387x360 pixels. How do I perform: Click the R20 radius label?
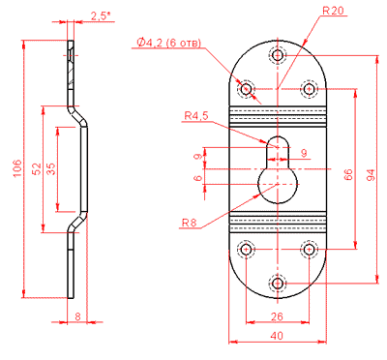click(x=333, y=11)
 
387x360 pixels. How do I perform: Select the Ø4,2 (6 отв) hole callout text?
click(x=168, y=43)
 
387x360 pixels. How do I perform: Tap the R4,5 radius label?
click(x=196, y=115)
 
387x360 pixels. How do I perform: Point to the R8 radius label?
click(x=190, y=223)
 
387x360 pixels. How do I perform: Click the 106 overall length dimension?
click(x=17, y=167)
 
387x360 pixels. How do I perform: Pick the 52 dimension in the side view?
click(x=38, y=168)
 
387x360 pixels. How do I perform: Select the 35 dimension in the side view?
click(x=51, y=168)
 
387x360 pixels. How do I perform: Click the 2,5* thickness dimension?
click(x=99, y=16)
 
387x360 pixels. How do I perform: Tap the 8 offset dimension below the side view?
click(x=77, y=316)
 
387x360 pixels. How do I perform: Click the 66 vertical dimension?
click(x=348, y=174)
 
